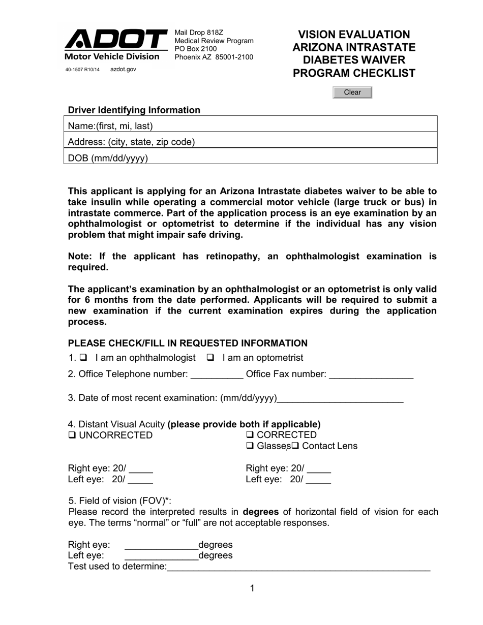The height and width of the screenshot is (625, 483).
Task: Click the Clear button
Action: coord(352,92)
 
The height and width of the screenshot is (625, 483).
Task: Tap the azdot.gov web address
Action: coord(123,70)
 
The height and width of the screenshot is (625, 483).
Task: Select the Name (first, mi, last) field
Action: coord(295,126)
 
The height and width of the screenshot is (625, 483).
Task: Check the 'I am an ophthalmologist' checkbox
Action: coord(84,358)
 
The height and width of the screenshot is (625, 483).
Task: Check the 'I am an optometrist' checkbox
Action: coord(210,358)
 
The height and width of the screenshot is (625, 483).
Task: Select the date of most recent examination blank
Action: coord(340,398)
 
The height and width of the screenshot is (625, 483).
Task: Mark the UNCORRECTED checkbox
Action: coord(72,435)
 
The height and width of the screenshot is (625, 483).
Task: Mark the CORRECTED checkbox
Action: coord(250,435)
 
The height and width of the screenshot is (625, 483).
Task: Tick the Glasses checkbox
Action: coord(250,446)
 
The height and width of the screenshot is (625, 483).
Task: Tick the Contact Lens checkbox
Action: coord(294,446)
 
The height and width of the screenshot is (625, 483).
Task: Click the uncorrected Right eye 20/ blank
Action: coord(141,469)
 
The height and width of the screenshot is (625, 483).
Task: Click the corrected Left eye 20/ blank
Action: coord(319,480)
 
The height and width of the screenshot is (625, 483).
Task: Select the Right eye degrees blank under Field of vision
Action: coord(161,545)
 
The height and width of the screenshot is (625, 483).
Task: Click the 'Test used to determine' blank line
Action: coord(298,567)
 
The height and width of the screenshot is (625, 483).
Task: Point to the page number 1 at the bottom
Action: coord(252,588)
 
